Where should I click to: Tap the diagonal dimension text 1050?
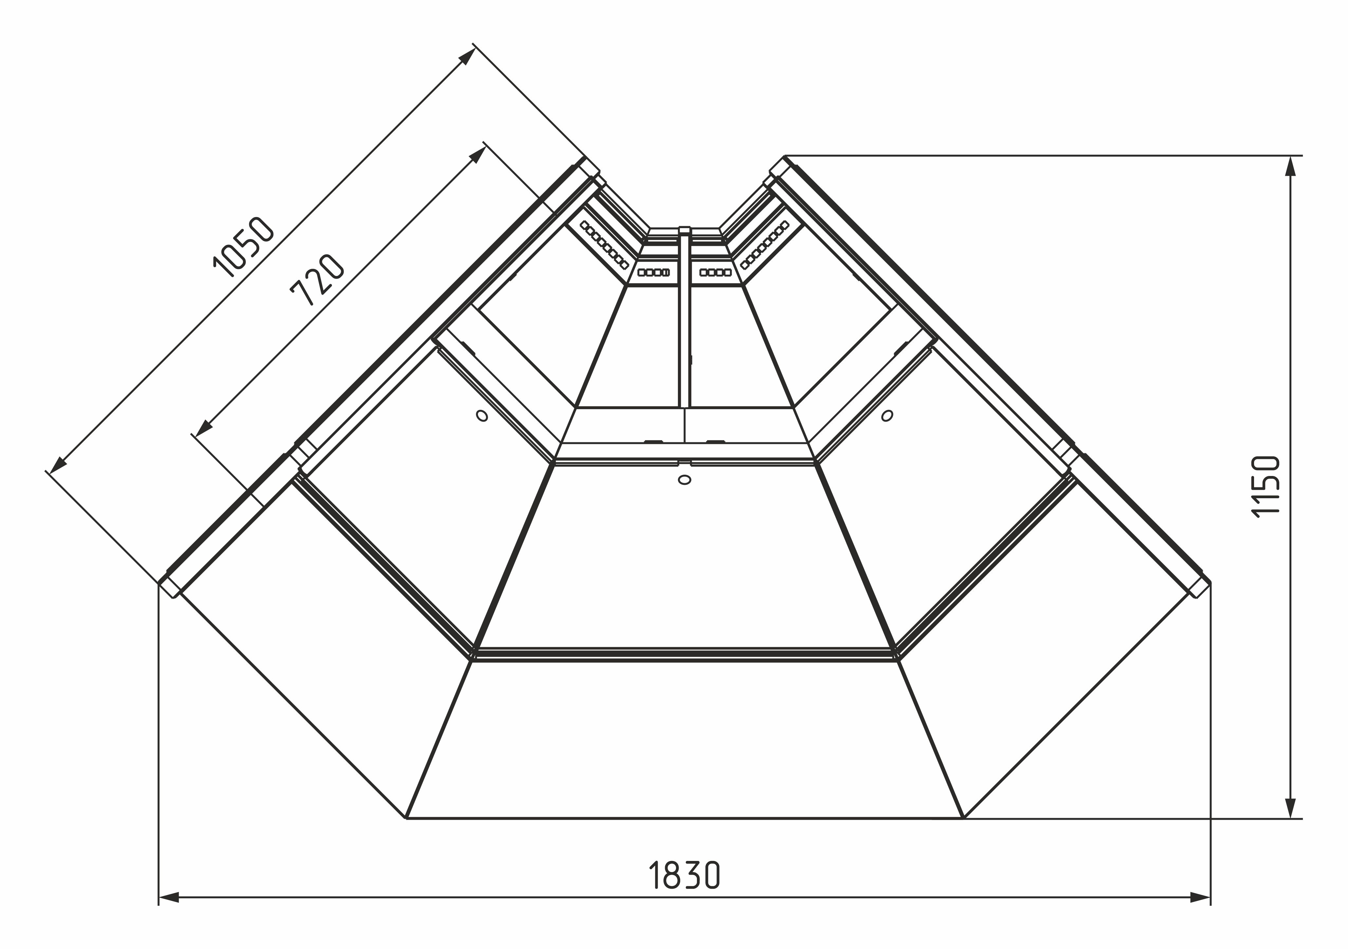[243, 246]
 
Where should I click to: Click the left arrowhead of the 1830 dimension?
[169, 914]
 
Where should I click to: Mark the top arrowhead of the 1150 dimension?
[1290, 166]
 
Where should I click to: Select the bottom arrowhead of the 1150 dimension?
[1290, 808]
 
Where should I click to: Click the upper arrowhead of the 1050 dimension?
[467, 56]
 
